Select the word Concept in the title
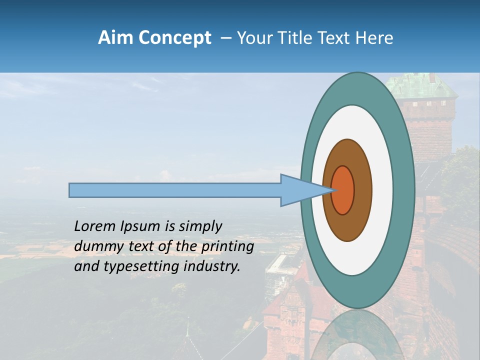174,38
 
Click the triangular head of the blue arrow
300,190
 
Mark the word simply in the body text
199,227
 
